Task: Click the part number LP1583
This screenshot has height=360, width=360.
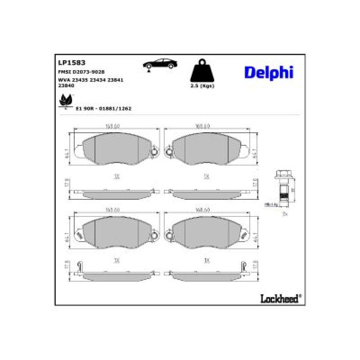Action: (x=72, y=63)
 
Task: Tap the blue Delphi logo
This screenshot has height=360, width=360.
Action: (x=269, y=72)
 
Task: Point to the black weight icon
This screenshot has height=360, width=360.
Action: (x=202, y=71)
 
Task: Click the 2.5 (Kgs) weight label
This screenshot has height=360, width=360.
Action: (x=202, y=85)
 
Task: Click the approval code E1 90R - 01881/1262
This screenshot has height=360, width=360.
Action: (x=103, y=108)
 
